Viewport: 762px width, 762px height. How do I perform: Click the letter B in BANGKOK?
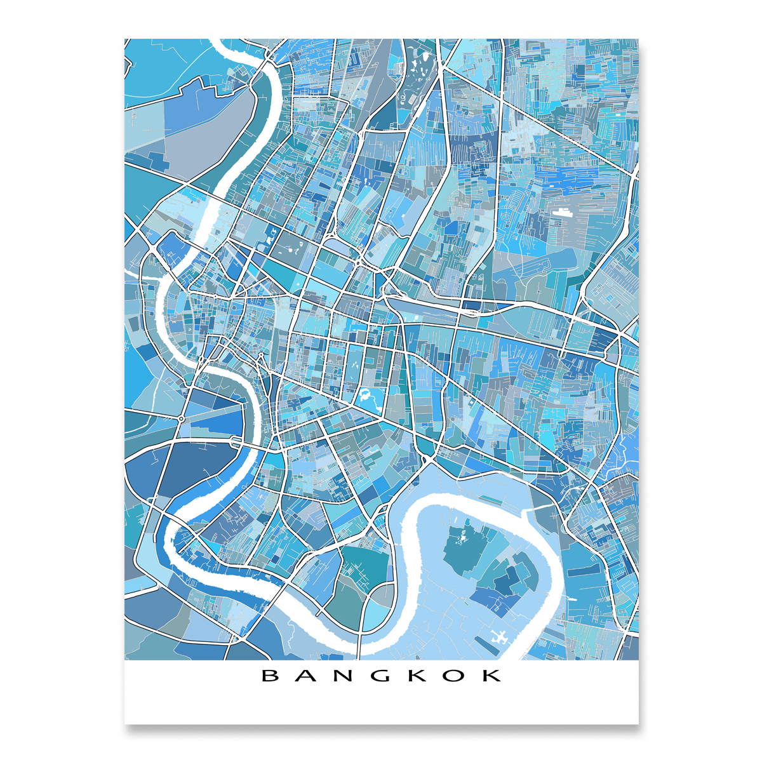(x=271, y=675)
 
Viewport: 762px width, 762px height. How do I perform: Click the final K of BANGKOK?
(x=491, y=675)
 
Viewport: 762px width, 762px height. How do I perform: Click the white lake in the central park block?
(x=368, y=398)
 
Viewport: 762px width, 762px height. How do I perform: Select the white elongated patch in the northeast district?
(x=561, y=213)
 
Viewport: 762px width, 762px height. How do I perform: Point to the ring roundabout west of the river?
(x=181, y=419)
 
